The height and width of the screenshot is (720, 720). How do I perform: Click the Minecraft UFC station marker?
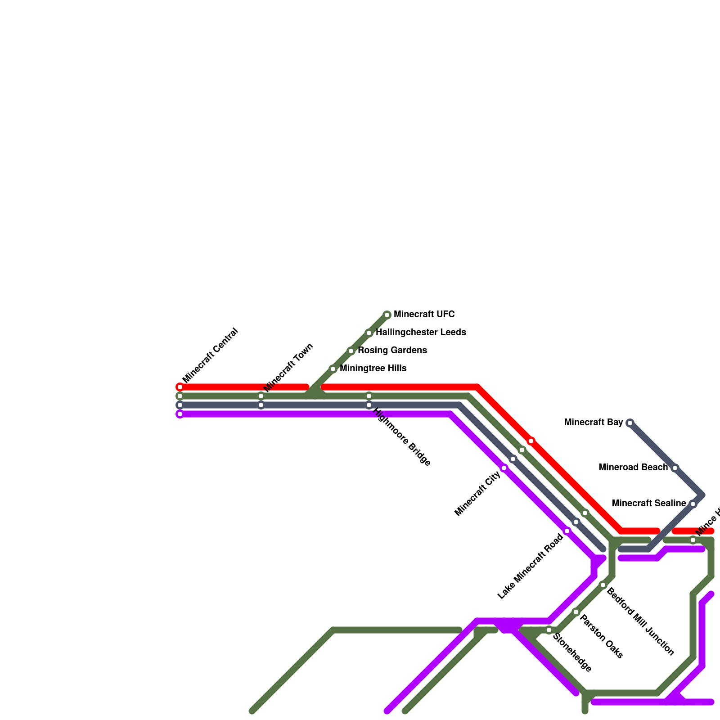[x=387, y=315]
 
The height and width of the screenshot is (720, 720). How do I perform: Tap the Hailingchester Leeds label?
[x=420, y=333]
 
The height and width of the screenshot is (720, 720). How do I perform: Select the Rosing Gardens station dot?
[x=351, y=351]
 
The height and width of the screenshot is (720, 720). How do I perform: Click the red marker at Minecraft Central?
[x=180, y=387]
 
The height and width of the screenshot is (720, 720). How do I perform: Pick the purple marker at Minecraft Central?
[x=180, y=414]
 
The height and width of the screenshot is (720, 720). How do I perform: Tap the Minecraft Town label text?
[x=288, y=368]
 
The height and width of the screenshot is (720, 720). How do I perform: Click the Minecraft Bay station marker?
[x=630, y=423]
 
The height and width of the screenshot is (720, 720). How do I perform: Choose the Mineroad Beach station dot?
[x=675, y=468]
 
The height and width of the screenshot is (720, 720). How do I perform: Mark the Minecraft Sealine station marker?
[x=693, y=504]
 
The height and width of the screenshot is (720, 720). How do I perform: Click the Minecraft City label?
[x=477, y=493]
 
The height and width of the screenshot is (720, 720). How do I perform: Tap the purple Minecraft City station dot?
[x=504, y=468]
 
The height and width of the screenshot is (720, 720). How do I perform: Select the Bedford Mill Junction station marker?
[x=603, y=585]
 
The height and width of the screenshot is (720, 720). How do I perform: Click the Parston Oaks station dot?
[x=576, y=612]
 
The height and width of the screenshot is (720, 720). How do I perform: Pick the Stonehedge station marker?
[x=549, y=630]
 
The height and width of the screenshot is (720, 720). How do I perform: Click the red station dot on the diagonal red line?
[x=531, y=441]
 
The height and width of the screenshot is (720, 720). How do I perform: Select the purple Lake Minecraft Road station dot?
[x=567, y=531]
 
